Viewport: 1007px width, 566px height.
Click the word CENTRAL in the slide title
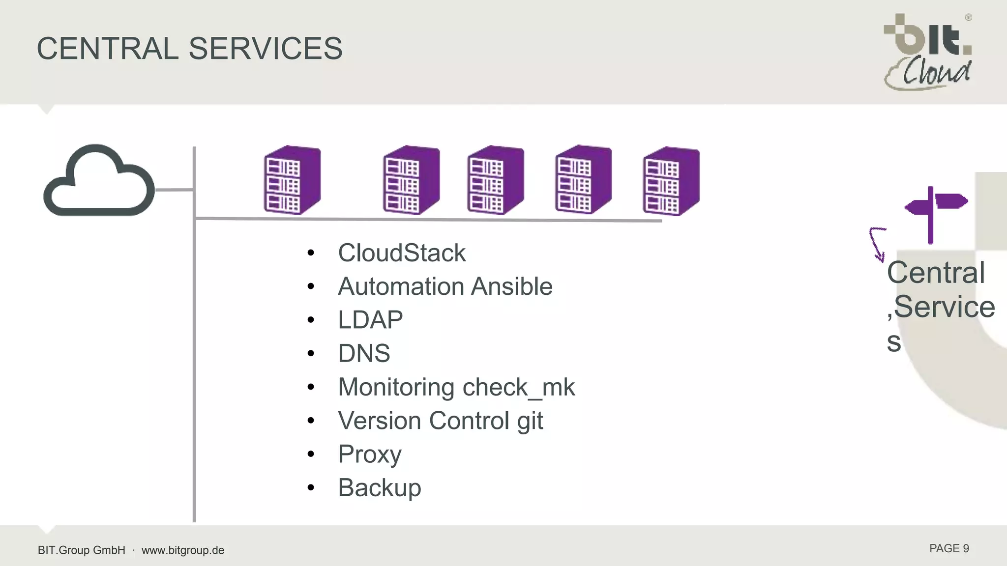[x=107, y=49]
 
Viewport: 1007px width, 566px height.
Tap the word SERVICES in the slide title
[x=265, y=49]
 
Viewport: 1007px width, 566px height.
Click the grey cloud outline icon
[x=99, y=181]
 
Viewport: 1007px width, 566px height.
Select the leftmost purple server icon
[x=292, y=180]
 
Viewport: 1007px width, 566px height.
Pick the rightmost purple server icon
[x=671, y=181]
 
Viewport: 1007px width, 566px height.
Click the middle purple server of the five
[x=495, y=180]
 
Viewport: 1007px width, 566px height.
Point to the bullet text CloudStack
[x=401, y=253]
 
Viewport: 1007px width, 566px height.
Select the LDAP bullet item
[x=370, y=320]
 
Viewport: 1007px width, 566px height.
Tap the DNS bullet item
[x=364, y=353]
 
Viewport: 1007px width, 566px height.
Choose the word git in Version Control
[x=530, y=421]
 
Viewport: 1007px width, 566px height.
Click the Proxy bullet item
[x=369, y=454]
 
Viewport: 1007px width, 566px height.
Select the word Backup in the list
[x=379, y=487]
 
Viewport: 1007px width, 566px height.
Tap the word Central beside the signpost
[x=935, y=273]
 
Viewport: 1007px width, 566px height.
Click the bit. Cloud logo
[x=927, y=52]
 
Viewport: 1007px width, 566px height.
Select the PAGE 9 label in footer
[x=948, y=549]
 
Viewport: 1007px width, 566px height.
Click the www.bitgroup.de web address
[x=183, y=550]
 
